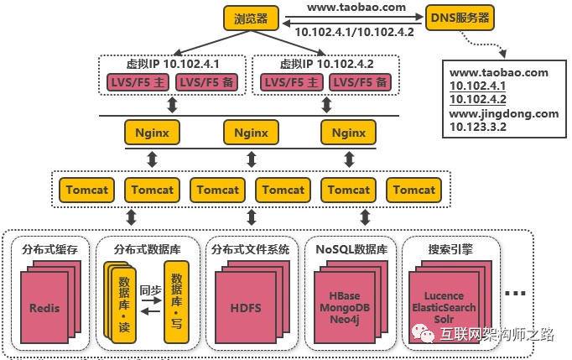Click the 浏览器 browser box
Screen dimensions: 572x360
pyautogui.click(x=251, y=18)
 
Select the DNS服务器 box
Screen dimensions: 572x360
pyautogui.click(x=460, y=18)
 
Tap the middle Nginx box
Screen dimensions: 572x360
pyautogui.click(x=251, y=133)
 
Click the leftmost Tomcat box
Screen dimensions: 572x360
pyautogui.click(x=87, y=190)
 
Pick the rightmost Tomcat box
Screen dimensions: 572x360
pyautogui.click(x=413, y=190)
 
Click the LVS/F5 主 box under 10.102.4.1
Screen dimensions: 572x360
pyautogui.click(x=138, y=82)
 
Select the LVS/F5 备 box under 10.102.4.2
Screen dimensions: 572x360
pyautogui.click(x=360, y=82)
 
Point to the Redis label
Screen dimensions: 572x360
pyautogui.click(x=44, y=308)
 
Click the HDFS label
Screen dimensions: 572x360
pyautogui.click(x=246, y=308)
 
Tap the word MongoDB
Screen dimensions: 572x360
pyautogui.click(x=345, y=308)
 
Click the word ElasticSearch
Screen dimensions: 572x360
pyautogui.click(x=444, y=307)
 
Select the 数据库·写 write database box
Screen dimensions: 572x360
pyautogui.click(x=177, y=302)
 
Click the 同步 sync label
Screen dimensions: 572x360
pyautogui.click(x=151, y=290)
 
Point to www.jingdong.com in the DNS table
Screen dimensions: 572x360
pyautogui.click(x=504, y=114)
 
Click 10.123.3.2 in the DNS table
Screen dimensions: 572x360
pyautogui.click(x=478, y=127)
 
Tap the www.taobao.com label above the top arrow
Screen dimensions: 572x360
pyautogui.click(x=356, y=7)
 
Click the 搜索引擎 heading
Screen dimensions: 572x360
pyautogui.click(x=450, y=249)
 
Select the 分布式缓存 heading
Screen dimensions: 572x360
pyautogui.click(x=50, y=249)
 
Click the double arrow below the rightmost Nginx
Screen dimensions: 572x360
pyautogui.click(x=349, y=159)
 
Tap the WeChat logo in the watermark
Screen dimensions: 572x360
pyautogui.click(x=424, y=333)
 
